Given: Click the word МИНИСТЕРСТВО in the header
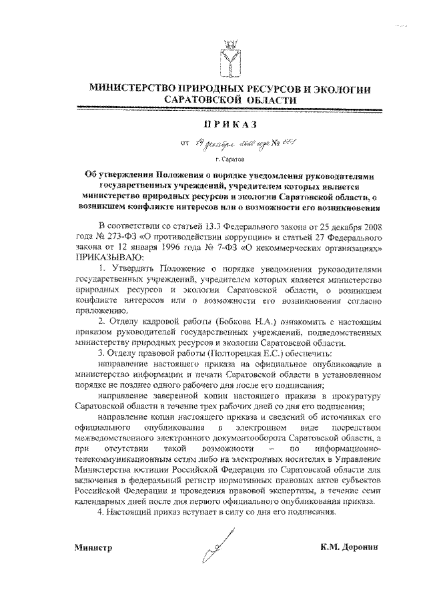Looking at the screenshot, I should coord(137,87).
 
